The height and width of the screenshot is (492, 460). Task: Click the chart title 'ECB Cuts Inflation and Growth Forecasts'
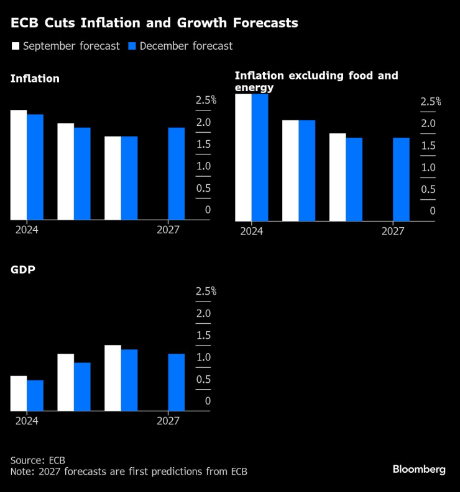point(154,24)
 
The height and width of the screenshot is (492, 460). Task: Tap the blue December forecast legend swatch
point(132,46)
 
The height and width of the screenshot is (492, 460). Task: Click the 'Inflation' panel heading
point(35,79)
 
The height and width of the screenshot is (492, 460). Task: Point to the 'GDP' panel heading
point(22,270)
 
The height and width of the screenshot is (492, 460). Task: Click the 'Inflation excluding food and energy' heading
point(316,81)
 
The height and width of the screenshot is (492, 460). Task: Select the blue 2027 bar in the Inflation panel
point(176,174)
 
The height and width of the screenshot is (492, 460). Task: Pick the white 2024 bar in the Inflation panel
point(19,165)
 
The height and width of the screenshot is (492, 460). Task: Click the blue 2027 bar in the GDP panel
point(176,382)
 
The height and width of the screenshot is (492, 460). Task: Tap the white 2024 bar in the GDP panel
point(19,393)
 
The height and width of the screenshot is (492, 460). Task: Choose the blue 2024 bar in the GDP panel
point(35,395)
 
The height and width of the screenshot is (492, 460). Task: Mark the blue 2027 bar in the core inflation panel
point(401,179)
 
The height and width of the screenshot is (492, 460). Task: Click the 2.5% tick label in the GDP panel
point(206,291)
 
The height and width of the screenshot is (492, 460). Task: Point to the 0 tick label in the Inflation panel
point(208,210)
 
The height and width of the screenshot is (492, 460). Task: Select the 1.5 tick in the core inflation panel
point(428,146)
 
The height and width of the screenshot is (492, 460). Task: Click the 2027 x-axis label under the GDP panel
point(168,421)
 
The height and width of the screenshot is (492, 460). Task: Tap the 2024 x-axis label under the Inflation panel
point(27,230)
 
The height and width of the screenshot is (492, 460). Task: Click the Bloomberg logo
point(418,470)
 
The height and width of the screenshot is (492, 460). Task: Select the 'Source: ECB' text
point(37,460)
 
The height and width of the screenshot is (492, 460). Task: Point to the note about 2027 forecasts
point(129,472)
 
